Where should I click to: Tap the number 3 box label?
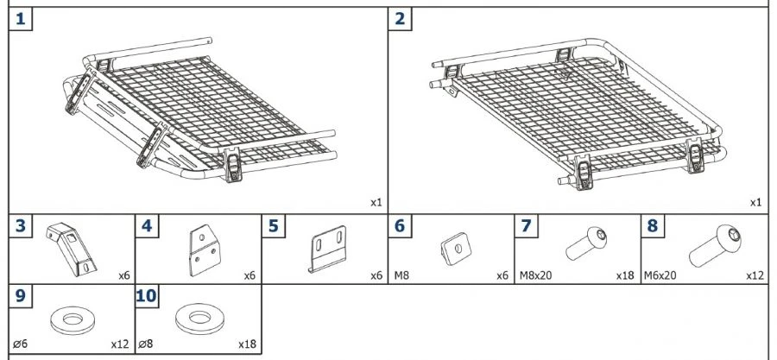(21, 226)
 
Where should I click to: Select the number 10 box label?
(147, 296)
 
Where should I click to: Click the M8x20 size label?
(535, 276)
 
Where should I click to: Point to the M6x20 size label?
(660, 276)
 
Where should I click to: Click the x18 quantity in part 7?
(625, 276)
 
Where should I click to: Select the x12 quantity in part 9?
(119, 344)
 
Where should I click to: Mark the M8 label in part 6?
(401, 276)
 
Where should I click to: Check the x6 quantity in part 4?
(250, 276)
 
